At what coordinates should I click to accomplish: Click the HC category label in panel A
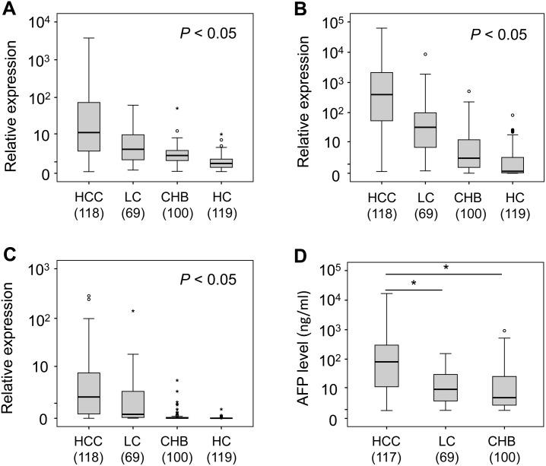coord(221,196)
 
